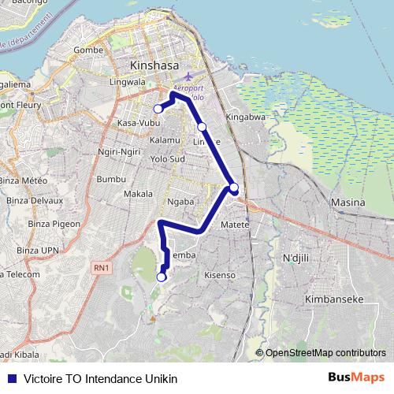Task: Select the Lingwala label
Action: pyautogui.click(x=128, y=80)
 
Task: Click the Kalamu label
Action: pyautogui.click(x=164, y=139)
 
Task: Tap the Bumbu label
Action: pyautogui.click(x=110, y=179)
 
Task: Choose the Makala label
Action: pyautogui.click(x=139, y=193)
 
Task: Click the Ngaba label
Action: pyautogui.click(x=180, y=201)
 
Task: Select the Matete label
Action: pyautogui.click(x=235, y=225)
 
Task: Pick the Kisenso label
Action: pyautogui.click(x=220, y=275)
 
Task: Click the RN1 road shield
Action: pyautogui.click(x=101, y=269)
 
